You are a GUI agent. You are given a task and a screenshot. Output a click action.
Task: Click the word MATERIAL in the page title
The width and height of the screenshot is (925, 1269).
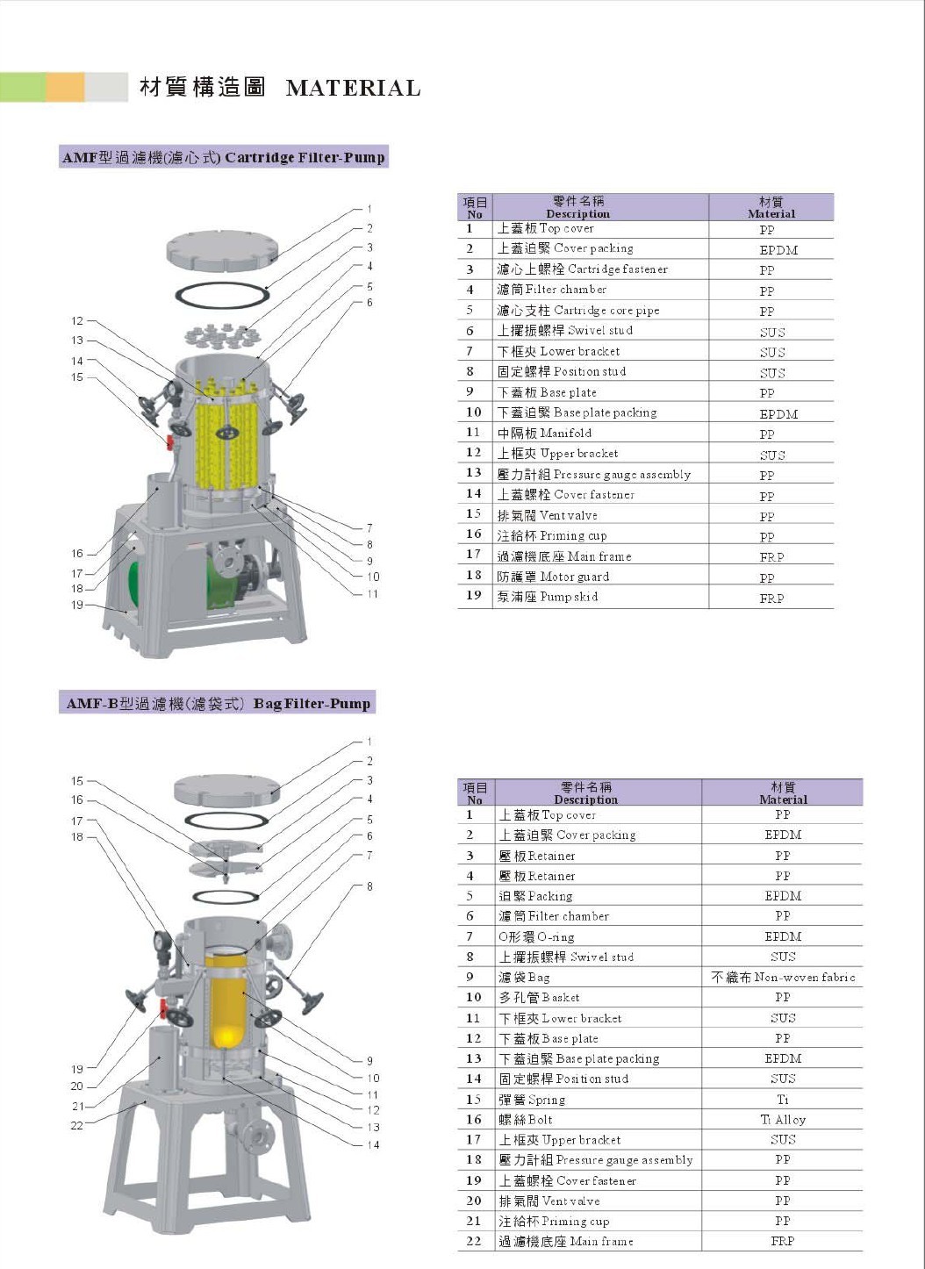coord(353,88)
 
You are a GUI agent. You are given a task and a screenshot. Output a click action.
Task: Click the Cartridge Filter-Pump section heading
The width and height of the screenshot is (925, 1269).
coord(223,157)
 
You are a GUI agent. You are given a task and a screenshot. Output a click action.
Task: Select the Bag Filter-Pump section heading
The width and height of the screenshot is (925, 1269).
coord(219,703)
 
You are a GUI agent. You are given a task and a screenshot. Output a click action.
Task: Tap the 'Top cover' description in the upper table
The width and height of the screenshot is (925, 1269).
coord(545,228)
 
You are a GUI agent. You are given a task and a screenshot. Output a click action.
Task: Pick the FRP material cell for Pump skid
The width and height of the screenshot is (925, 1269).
coord(771,598)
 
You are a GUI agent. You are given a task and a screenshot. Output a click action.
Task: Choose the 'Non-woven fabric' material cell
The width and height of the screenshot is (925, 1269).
coord(783,977)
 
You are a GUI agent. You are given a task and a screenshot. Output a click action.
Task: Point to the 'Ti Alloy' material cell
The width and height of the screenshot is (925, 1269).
coord(783,1119)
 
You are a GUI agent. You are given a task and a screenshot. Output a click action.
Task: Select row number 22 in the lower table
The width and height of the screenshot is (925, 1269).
coord(474,1241)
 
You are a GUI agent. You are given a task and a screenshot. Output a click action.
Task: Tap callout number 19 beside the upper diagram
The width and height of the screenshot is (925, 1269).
coord(77,605)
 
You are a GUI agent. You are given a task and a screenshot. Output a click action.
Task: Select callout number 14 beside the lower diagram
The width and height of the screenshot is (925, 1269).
coord(373,1144)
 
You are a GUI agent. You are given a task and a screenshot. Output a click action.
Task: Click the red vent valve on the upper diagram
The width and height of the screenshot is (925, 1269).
coord(170,441)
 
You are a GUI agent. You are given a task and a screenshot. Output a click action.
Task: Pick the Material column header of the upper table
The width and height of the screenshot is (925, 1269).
coord(771,207)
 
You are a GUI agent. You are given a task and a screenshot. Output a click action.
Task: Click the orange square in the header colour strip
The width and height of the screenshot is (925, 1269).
coord(65,88)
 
